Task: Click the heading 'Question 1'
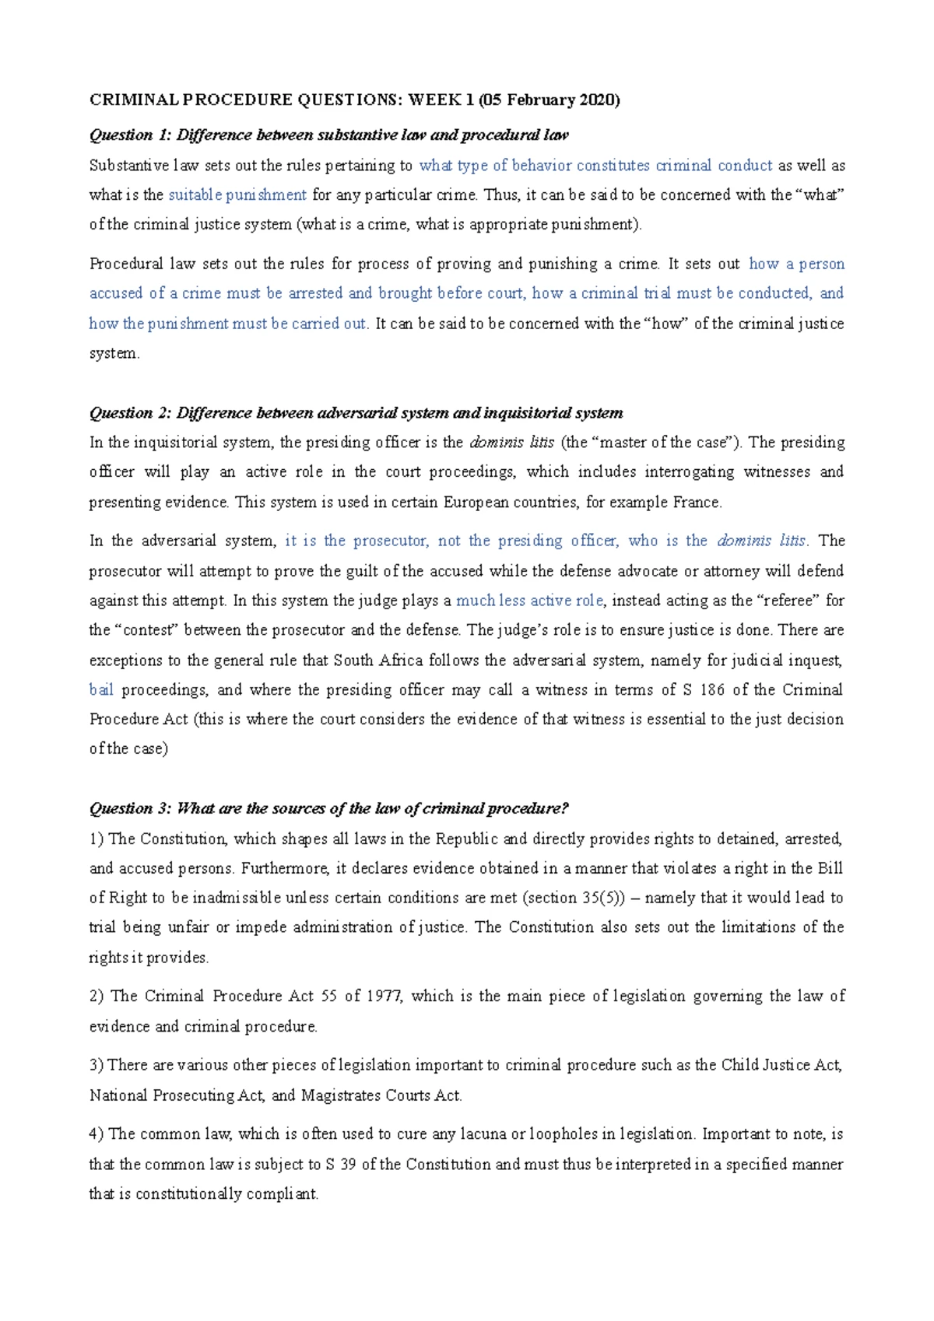click(x=129, y=135)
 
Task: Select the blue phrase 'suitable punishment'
click(x=237, y=195)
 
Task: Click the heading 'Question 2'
click(x=129, y=413)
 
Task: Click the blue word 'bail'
click(x=101, y=690)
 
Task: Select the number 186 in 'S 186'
click(x=712, y=690)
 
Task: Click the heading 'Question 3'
click(x=129, y=809)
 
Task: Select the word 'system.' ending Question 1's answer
click(x=114, y=354)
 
